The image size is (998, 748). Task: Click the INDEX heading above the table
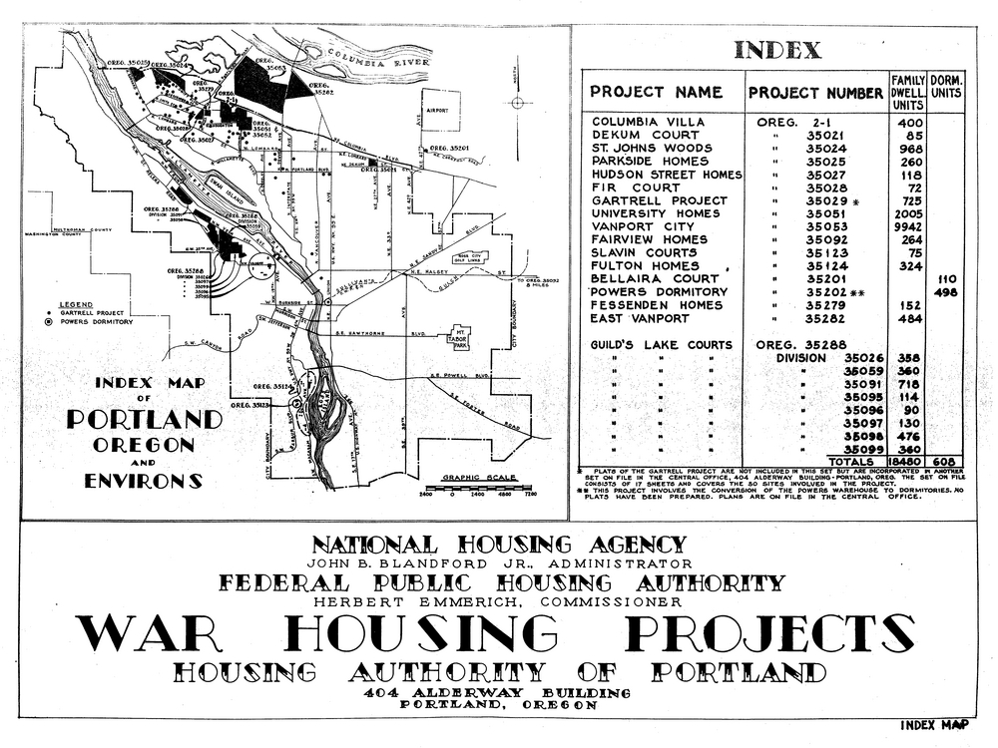click(777, 50)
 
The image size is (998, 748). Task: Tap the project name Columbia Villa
click(649, 122)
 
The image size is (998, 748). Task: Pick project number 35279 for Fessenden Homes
click(825, 304)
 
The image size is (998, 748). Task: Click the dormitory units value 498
click(944, 291)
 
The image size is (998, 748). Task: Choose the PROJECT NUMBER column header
click(815, 93)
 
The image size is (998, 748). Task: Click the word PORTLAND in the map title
click(144, 419)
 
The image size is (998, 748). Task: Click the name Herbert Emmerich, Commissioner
click(497, 601)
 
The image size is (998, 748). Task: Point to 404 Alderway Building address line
click(497, 692)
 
